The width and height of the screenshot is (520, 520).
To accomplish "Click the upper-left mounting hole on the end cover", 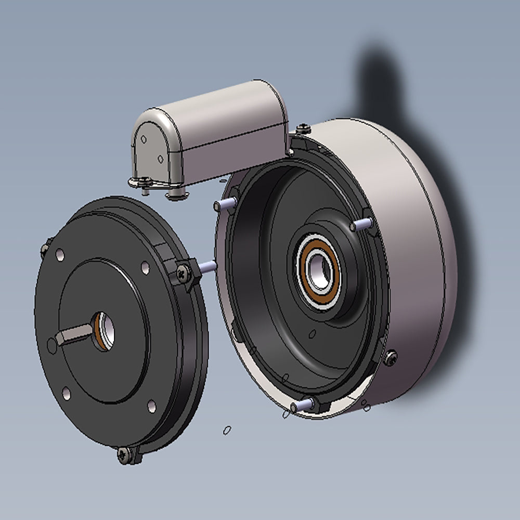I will [60, 255].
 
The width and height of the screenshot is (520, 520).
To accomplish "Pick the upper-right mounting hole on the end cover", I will [145, 268].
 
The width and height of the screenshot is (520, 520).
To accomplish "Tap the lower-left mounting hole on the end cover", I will [66, 392].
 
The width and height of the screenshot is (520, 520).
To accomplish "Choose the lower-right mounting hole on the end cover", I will [151, 405].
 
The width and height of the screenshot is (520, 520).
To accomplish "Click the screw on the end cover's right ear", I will [183, 270].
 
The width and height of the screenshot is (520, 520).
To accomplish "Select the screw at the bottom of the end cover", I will [123, 453].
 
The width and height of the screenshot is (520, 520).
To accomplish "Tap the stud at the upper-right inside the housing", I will [361, 224].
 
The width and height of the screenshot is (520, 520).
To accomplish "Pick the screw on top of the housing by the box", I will [301, 128].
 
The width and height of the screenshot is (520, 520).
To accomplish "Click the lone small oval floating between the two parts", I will [227, 430].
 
